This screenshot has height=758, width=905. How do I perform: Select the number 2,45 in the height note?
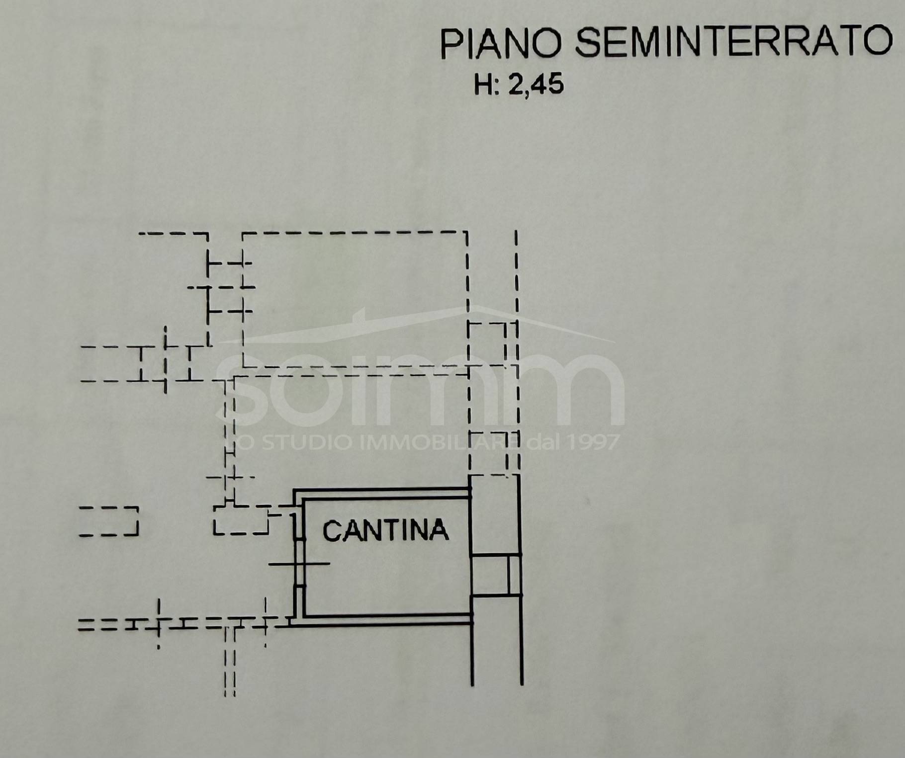(x=536, y=85)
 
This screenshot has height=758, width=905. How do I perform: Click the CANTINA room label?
(x=385, y=530)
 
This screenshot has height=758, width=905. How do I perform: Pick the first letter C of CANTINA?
(x=332, y=531)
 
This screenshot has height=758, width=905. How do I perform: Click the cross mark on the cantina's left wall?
(x=298, y=564)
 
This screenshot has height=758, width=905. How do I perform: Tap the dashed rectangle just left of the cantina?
(x=241, y=520)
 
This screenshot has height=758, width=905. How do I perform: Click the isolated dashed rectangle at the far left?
(x=108, y=521)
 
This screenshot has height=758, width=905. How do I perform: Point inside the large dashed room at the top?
(x=355, y=300)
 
